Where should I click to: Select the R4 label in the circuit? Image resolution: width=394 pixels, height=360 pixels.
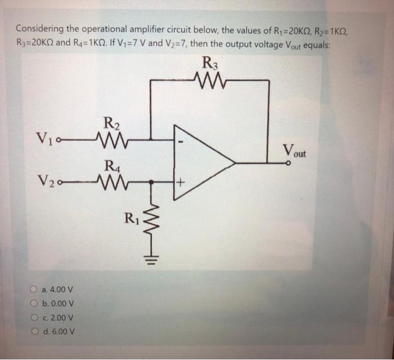(111, 166)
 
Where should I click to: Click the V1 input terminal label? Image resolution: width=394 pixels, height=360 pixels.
(46, 137)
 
